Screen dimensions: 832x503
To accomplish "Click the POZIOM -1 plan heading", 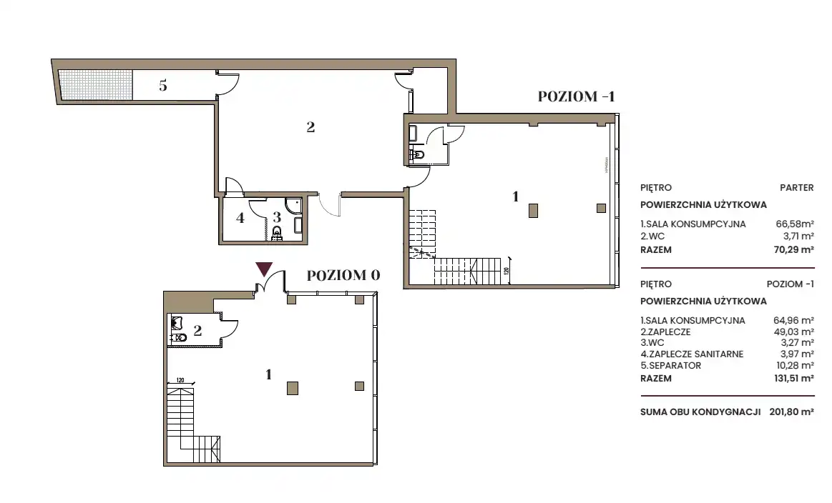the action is click(576, 96).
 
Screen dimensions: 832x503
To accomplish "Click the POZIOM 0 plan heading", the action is click(343, 275).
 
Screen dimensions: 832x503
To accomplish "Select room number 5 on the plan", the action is click(163, 85).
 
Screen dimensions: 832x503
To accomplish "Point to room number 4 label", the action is click(240, 218).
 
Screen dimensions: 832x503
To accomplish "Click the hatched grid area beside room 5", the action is click(96, 85).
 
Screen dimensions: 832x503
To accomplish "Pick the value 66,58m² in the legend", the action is click(795, 224).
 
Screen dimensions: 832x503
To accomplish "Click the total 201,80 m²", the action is click(792, 412).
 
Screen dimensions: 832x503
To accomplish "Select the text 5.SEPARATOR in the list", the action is click(671, 366).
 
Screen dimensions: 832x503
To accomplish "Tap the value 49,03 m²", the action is click(794, 332).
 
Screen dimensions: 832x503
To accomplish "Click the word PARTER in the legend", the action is click(796, 188).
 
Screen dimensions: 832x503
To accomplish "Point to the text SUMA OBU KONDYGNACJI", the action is click(700, 412).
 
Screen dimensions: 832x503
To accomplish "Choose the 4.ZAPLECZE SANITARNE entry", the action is click(692, 354).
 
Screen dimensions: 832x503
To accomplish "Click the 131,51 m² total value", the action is click(793, 379).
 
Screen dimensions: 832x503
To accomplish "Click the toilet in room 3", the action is click(276, 233).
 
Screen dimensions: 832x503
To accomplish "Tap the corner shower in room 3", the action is click(293, 205).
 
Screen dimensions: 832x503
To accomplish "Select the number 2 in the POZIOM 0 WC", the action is click(197, 331).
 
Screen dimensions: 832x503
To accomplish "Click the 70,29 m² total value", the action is click(794, 249).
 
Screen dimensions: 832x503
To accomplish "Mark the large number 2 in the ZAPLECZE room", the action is click(310, 127).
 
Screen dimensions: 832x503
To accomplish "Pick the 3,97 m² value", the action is click(798, 354).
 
